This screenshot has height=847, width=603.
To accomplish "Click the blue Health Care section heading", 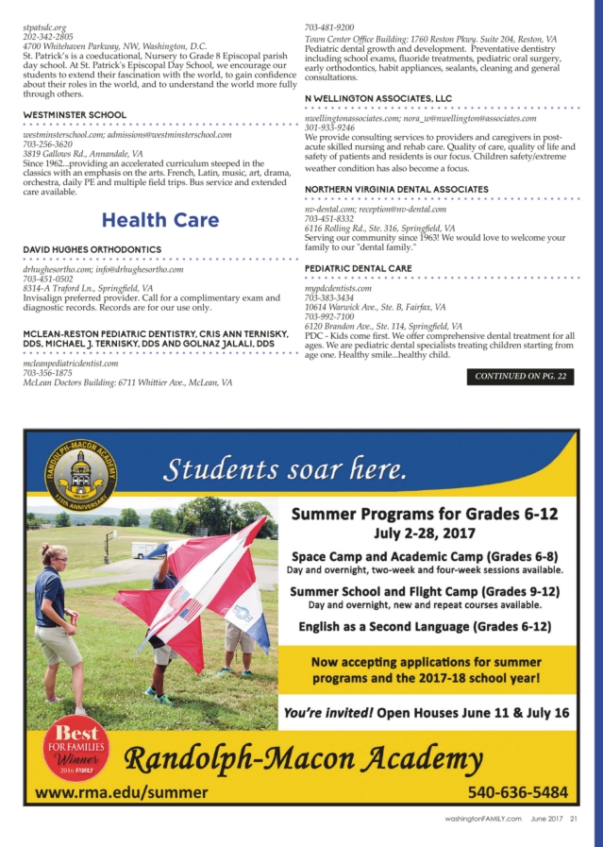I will [x=159, y=220].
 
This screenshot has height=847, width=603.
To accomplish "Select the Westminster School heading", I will [x=75, y=115].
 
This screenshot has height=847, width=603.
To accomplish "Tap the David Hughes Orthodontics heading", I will [x=92, y=249].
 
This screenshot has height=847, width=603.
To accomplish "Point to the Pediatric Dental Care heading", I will [x=358, y=269].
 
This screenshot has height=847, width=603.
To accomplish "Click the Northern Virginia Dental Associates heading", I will [x=396, y=189].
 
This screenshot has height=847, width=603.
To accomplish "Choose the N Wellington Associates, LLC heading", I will [x=378, y=98].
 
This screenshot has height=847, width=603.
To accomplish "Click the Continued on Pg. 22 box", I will [x=521, y=377].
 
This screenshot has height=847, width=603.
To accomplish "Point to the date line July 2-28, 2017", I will [x=426, y=534].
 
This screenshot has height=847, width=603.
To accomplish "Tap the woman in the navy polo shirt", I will [x=56, y=623].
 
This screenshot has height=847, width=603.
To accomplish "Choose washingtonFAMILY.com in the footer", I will [x=483, y=820].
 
